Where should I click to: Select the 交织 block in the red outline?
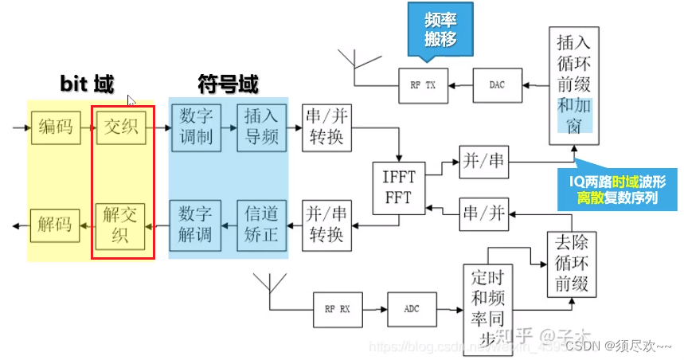pos(121,128)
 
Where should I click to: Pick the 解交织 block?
pos(121,224)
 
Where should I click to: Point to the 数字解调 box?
pos(196,224)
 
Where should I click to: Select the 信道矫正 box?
pos(260,224)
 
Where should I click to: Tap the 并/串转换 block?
pos(326,225)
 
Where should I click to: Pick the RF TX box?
pos(423,85)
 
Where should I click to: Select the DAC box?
pos(497,85)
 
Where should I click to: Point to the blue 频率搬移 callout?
pos(441,26)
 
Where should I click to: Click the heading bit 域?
pos(88,83)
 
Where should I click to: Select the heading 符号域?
pos(228,83)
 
